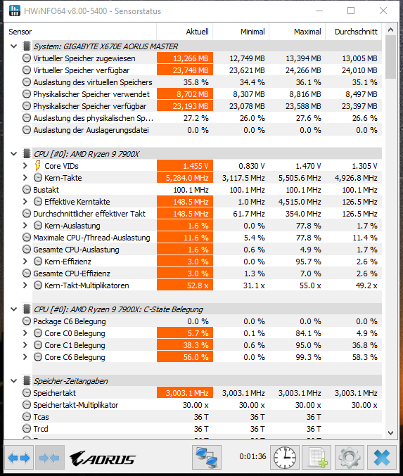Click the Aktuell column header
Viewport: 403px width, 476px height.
pos(197,32)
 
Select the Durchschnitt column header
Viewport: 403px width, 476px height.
pos(356,32)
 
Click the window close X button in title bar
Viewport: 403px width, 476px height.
pos(383,11)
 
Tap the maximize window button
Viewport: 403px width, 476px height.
pos(351,11)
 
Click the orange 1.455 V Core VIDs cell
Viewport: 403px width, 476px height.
pos(185,166)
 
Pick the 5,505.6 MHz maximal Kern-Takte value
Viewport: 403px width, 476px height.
pos(300,178)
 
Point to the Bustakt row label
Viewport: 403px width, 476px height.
pos(46,190)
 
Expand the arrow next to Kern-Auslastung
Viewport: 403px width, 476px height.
pos(25,226)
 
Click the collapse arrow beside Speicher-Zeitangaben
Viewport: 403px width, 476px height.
pos(13,381)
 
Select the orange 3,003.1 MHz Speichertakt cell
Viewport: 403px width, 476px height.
pos(185,393)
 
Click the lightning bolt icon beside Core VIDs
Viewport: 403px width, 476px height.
pos(37,166)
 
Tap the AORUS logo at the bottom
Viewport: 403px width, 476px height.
pos(103,458)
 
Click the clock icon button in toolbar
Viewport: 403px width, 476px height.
pos(285,457)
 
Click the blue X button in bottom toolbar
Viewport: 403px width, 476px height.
pos(382,457)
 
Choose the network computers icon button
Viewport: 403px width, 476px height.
pos(207,457)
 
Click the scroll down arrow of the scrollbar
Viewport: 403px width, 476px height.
pos(391,433)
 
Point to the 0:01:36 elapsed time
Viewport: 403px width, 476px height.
pos(252,456)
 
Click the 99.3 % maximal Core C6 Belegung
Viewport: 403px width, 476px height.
pos(308,357)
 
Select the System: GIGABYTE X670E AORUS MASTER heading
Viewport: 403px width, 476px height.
pos(105,46)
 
